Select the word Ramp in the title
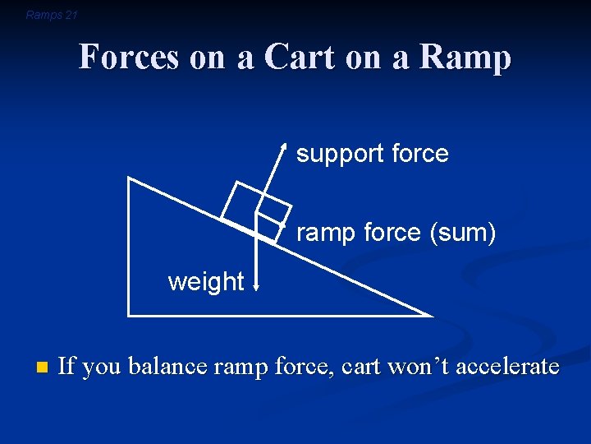point(466,58)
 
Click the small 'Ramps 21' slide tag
point(52,15)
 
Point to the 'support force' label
point(372,154)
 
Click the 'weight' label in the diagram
point(205,282)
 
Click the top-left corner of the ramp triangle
point(129,178)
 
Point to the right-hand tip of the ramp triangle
point(430,314)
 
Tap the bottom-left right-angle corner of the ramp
point(129,314)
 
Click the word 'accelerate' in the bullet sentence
point(506,367)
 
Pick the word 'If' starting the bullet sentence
point(66,367)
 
